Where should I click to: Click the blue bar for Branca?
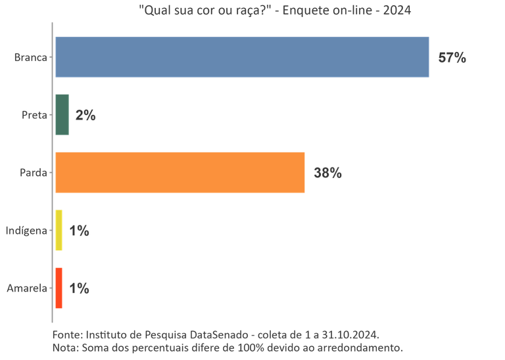pos(242,57)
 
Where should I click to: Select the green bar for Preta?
pos(62,115)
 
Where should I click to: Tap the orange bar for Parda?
pos(180,172)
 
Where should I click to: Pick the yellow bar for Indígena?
pos(59,231)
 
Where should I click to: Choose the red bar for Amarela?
pos(59,288)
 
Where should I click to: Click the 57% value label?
pos(452,58)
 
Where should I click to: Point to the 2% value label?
pos(85,116)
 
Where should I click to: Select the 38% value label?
pos(327,173)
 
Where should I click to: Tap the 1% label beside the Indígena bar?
pos(79,231)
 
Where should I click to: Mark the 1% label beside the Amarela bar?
pos(79,288)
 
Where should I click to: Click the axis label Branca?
pos(30,58)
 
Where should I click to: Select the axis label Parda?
pos(33,173)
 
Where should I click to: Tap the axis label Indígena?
pos(26,231)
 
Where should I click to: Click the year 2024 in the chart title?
pos(397,11)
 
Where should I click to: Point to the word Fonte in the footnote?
pos(66,334)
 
